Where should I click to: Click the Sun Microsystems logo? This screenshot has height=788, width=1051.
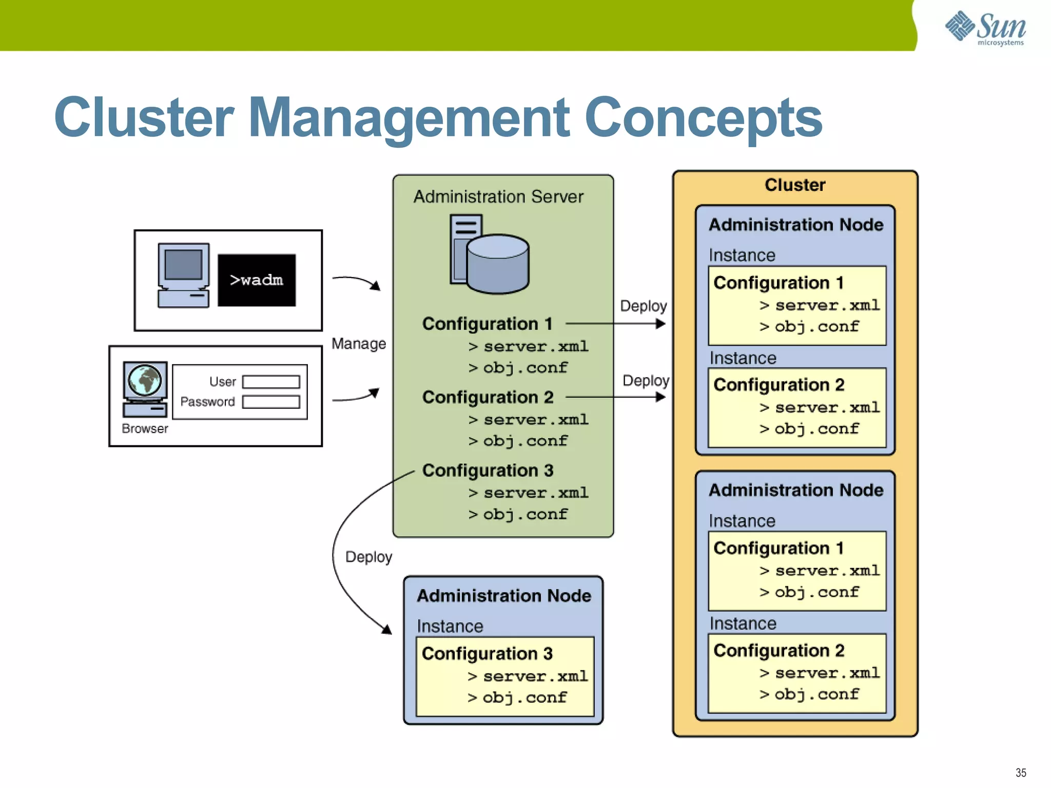(985, 28)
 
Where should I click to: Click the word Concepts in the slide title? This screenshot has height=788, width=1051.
(703, 118)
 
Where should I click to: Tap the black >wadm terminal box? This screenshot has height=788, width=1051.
(257, 280)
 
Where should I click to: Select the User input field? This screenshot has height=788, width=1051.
(271, 382)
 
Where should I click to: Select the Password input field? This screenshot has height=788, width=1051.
(271, 402)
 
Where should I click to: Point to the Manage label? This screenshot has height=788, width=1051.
(358, 344)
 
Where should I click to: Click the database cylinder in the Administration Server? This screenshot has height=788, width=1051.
(498, 264)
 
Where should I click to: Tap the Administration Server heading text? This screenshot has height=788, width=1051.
(498, 196)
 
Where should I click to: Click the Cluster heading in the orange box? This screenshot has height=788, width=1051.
(795, 185)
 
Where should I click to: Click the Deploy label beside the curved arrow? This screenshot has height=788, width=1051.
(368, 557)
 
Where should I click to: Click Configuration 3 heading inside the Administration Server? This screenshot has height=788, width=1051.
(488, 470)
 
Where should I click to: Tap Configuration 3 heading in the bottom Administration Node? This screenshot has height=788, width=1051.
(487, 654)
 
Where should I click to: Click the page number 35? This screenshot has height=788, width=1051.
(1021, 773)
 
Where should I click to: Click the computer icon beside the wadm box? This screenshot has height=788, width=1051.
(183, 275)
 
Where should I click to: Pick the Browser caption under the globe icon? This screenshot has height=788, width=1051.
(145, 429)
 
